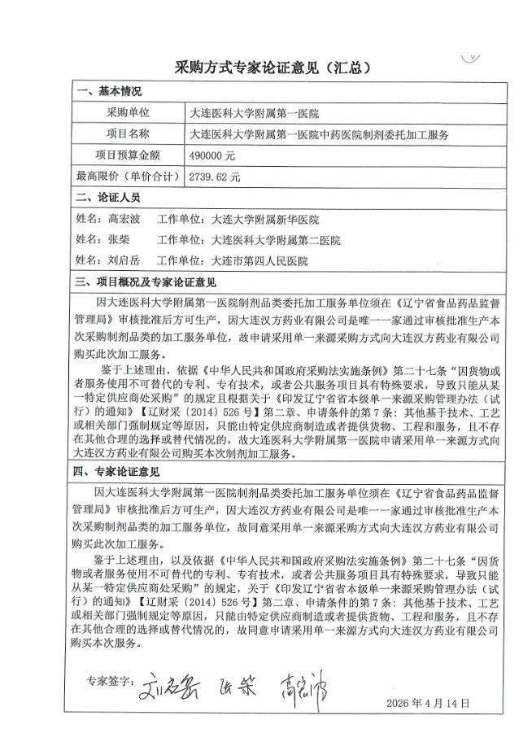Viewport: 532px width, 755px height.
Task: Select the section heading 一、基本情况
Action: click(109, 91)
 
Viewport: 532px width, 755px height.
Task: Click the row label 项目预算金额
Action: click(128, 155)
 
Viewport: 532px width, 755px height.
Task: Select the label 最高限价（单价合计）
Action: click(127, 175)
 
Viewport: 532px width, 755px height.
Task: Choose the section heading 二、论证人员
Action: click(109, 198)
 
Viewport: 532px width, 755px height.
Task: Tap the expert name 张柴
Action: click(119, 241)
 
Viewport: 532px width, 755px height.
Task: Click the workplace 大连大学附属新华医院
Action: click(264, 220)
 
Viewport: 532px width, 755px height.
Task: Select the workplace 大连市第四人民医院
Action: click(259, 261)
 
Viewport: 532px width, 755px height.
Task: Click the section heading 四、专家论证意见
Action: click(120, 471)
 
